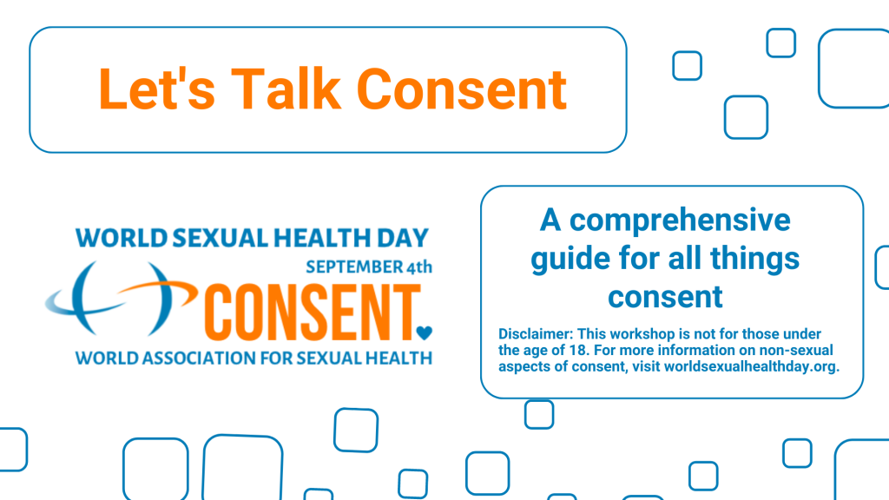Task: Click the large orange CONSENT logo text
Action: (x=309, y=311)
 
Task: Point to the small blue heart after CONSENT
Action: (x=425, y=331)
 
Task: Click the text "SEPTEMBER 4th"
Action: (x=368, y=266)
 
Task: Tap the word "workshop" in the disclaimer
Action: (x=635, y=334)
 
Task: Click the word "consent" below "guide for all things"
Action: (x=665, y=296)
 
